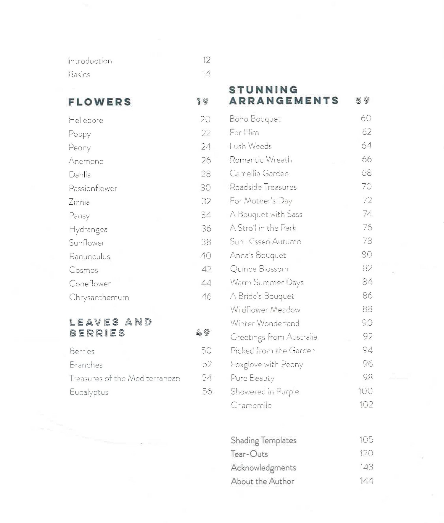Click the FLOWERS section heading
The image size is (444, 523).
[100, 102]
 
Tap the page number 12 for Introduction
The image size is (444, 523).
[206, 60]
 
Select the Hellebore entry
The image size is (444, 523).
[86, 120]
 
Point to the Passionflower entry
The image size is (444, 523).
[93, 188]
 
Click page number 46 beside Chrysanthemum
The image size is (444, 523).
[206, 296]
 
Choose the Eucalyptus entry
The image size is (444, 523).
[89, 392]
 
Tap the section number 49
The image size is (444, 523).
[203, 333]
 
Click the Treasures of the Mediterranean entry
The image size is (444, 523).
[125, 378]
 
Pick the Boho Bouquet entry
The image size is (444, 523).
[255, 119]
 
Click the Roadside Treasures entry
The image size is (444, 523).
[263, 187]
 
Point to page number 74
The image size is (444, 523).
[367, 214]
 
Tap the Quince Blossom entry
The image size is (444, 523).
[259, 269]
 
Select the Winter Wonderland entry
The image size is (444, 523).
[265, 323]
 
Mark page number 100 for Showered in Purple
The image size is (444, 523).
[365, 391]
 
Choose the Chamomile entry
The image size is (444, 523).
[251, 405]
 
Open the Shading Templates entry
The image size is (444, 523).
[263, 440]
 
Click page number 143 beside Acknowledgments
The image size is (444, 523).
[366, 467]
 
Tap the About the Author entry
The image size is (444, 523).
[262, 481]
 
